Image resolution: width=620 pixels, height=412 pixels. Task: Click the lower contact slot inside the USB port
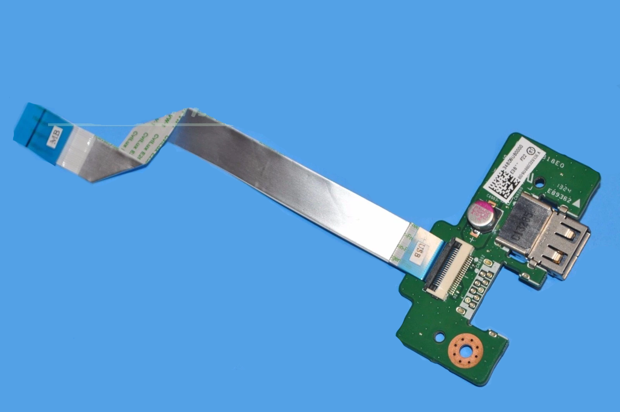pos(558,256)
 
